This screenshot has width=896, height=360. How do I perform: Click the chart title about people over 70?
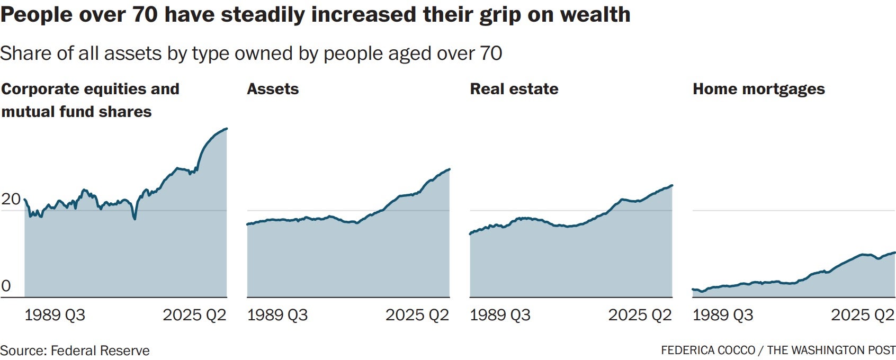[x=316, y=15]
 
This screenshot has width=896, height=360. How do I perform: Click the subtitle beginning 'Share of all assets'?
[x=251, y=53]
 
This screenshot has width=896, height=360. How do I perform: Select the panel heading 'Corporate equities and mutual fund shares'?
[x=91, y=100]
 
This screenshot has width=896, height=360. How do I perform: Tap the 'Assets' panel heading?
[x=273, y=89]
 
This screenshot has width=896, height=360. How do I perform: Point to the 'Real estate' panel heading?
[x=514, y=89]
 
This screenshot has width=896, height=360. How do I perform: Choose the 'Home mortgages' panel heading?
[x=758, y=89]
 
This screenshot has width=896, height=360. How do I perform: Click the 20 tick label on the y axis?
[x=11, y=200]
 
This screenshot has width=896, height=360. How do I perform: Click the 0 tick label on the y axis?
[x=6, y=286]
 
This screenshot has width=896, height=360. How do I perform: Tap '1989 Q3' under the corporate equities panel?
[x=55, y=315]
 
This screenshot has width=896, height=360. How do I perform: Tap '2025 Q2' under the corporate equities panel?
[x=194, y=315]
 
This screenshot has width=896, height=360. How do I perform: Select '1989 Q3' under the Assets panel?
[x=277, y=315]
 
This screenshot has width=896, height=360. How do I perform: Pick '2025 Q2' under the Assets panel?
[x=417, y=315]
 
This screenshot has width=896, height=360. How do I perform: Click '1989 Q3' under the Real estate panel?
[x=500, y=315]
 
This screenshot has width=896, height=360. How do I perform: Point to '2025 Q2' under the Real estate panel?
[x=640, y=315]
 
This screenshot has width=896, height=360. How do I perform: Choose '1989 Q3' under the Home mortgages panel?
[x=723, y=315]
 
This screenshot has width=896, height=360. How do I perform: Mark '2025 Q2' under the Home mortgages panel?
[x=863, y=315]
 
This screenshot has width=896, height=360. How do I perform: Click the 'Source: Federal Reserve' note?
[x=75, y=350]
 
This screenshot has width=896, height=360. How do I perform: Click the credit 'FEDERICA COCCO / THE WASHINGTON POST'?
[x=778, y=350]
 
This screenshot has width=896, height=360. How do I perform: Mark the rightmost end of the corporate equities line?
[x=227, y=129]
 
